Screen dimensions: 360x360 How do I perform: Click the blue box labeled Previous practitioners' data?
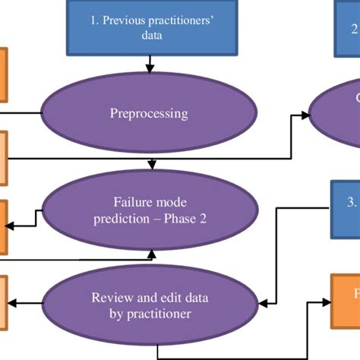coord(149,28)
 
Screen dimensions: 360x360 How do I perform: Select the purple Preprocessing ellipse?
coord(149,115)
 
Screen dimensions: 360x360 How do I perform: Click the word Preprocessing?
coord(149,115)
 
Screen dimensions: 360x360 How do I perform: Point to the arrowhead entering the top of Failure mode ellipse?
coord(153,164)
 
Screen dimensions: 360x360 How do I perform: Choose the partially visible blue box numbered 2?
coord(347,29)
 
